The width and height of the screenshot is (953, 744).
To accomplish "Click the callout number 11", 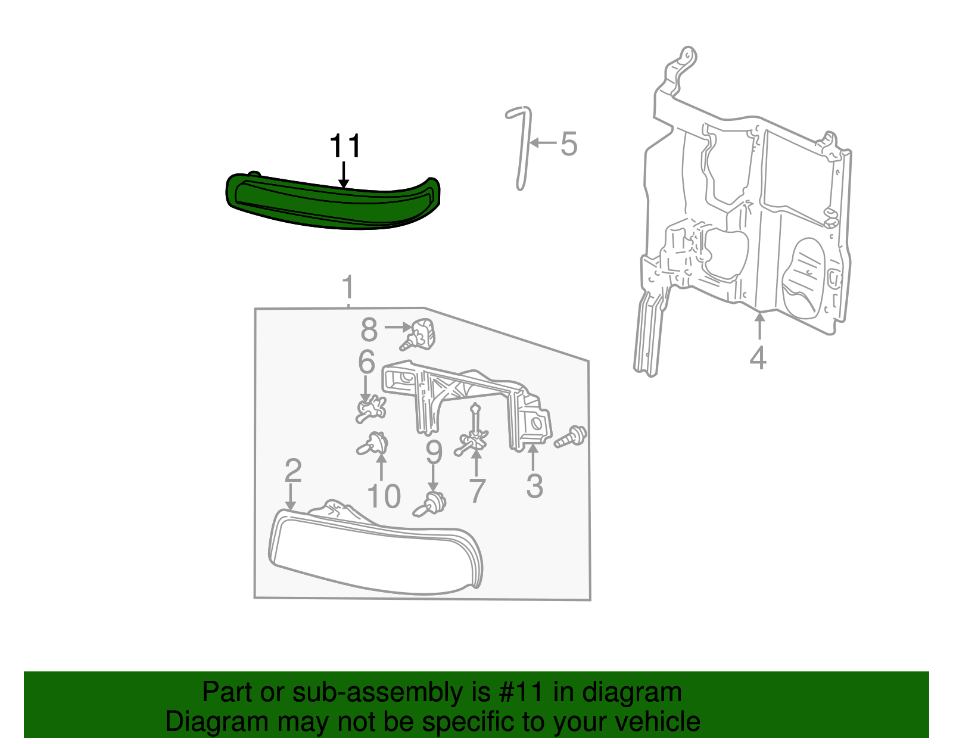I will (x=345, y=147).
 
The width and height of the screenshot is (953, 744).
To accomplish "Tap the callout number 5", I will (x=569, y=144).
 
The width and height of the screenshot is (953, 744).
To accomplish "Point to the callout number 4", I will (x=758, y=358).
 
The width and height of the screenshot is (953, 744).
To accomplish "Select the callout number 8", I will (x=369, y=329).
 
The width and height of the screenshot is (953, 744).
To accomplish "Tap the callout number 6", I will (x=366, y=362).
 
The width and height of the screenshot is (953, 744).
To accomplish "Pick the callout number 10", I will (x=384, y=496).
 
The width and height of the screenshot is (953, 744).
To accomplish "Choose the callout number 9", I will (x=434, y=453).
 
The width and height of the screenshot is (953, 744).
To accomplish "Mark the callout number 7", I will (x=476, y=491).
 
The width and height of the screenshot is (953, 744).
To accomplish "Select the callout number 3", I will (x=534, y=486).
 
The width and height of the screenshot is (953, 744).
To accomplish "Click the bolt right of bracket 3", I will (x=571, y=437).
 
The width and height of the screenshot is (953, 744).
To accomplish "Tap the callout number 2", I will (x=292, y=471).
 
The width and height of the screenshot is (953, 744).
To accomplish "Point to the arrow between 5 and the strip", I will (x=542, y=143).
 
